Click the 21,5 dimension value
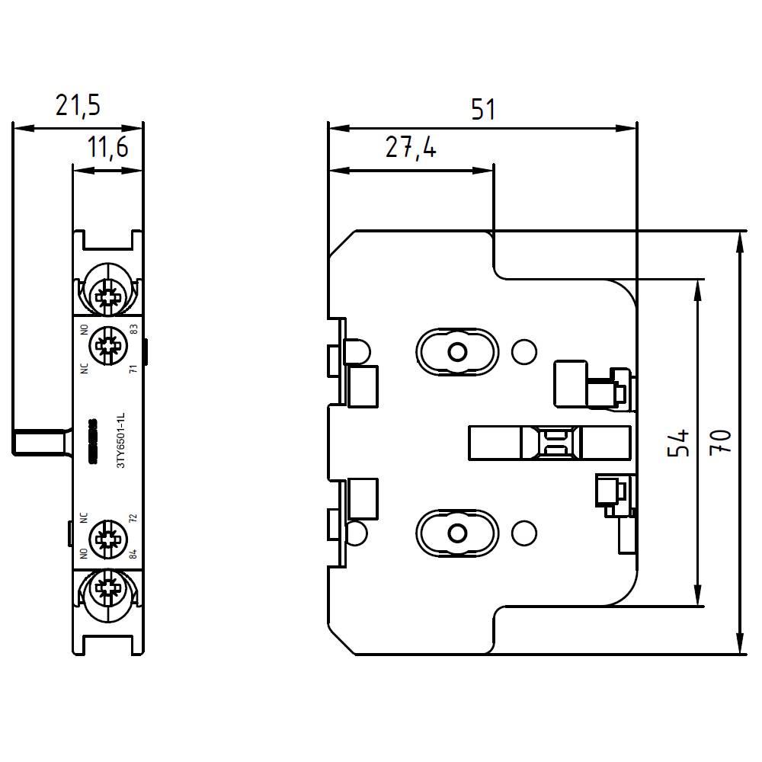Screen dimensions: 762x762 click(x=77, y=105)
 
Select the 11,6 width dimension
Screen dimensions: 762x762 click(x=107, y=148)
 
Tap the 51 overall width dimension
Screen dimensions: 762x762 click(x=482, y=110)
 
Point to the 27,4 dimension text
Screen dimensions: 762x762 click(x=410, y=148)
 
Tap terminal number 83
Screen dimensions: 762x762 click(x=133, y=329)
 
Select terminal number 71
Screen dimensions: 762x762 click(x=133, y=369)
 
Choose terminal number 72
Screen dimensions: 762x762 click(x=133, y=520)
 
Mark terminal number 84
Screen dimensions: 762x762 click(x=133, y=553)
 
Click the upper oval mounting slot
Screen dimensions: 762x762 click(x=456, y=351)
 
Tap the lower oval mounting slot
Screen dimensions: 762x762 click(x=456, y=532)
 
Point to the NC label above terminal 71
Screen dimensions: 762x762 click(x=83, y=367)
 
